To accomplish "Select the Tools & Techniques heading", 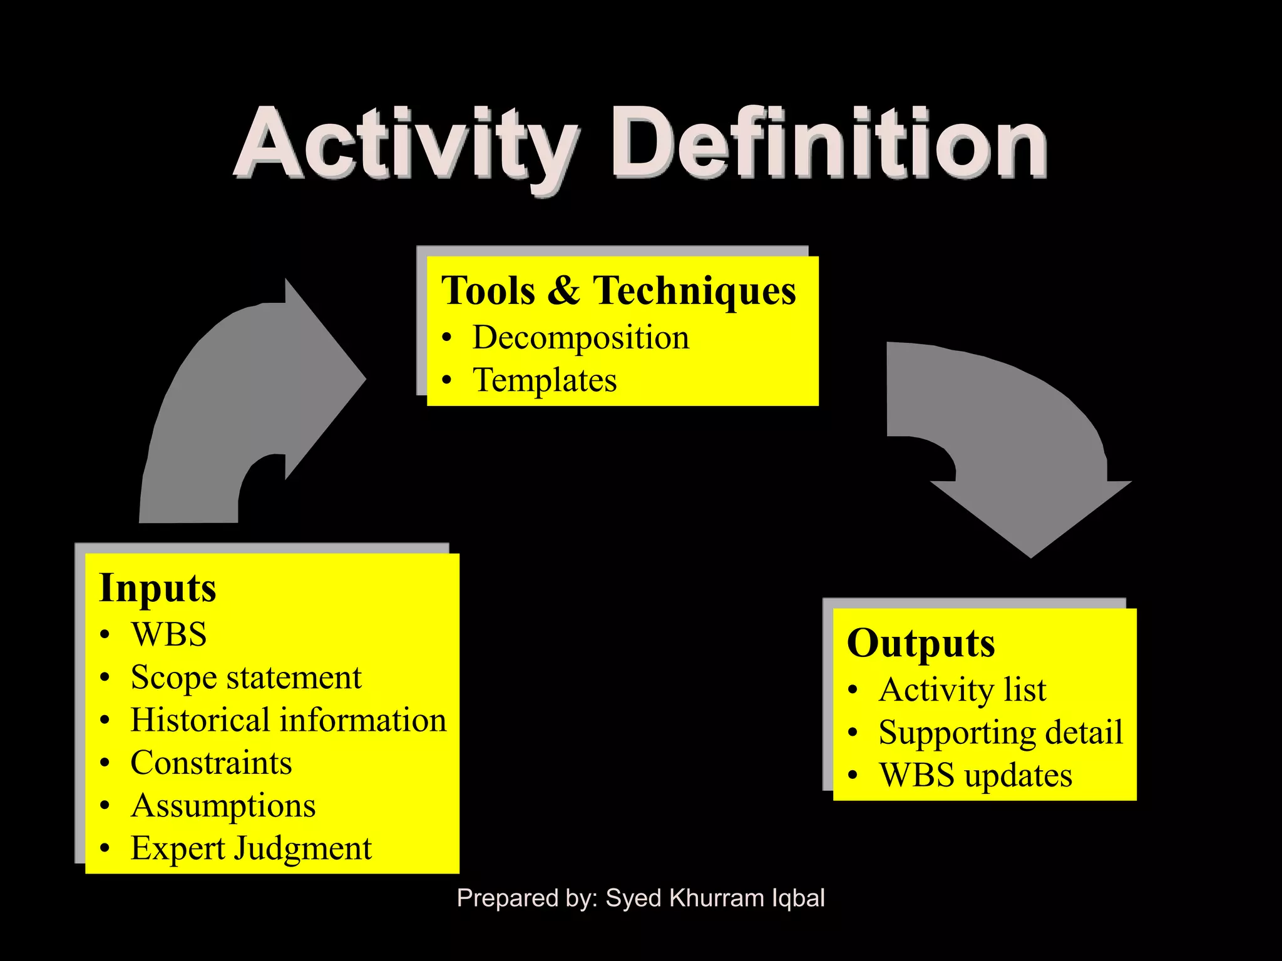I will pyautogui.click(x=618, y=291).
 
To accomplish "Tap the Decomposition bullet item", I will pyautogui.click(x=580, y=338).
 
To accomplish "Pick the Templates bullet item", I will pyautogui.click(x=544, y=380).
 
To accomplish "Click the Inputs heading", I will pyautogui.click(x=158, y=589).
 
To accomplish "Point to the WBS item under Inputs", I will pyautogui.click(x=168, y=634).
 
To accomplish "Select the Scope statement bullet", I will pyautogui.click(x=246, y=678).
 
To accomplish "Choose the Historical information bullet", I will pyautogui.click(x=288, y=720).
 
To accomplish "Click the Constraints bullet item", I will pyautogui.click(x=211, y=763).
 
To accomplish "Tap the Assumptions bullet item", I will pyautogui.click(x=223, y=806).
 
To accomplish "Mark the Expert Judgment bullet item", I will pyautogui.click(x=251, y=849).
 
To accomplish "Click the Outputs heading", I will pyautogui.click(x=920, y=644).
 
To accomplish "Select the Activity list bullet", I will pyautogui.click(x=962, y=690).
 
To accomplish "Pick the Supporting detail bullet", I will pyautogui.click(x=1000, y=733).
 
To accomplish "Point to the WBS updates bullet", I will pyautogui.click(x=975, y=775).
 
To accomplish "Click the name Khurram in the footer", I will pyautogui.click(x=717, y=898).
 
